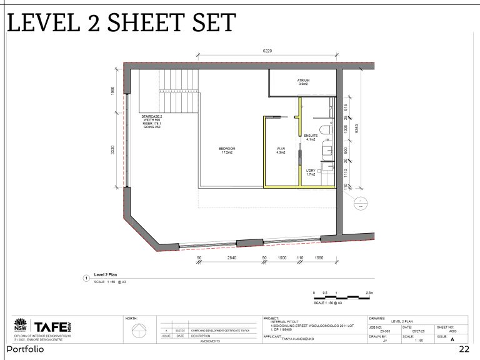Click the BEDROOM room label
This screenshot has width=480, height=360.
(x=227, y=150)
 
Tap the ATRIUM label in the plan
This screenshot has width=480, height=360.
(x=304, y=82)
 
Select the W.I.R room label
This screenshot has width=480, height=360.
(x=281, y=150)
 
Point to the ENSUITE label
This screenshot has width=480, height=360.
(x=311, y=137)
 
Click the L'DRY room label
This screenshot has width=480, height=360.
(x=311, y=170)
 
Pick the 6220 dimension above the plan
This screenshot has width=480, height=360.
(x=267, y=51)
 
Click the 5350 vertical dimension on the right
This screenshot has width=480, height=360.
(x=357, y=127)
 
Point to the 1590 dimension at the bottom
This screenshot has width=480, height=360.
(x=319, y=257)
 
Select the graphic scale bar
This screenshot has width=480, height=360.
(x=343, y=297)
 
